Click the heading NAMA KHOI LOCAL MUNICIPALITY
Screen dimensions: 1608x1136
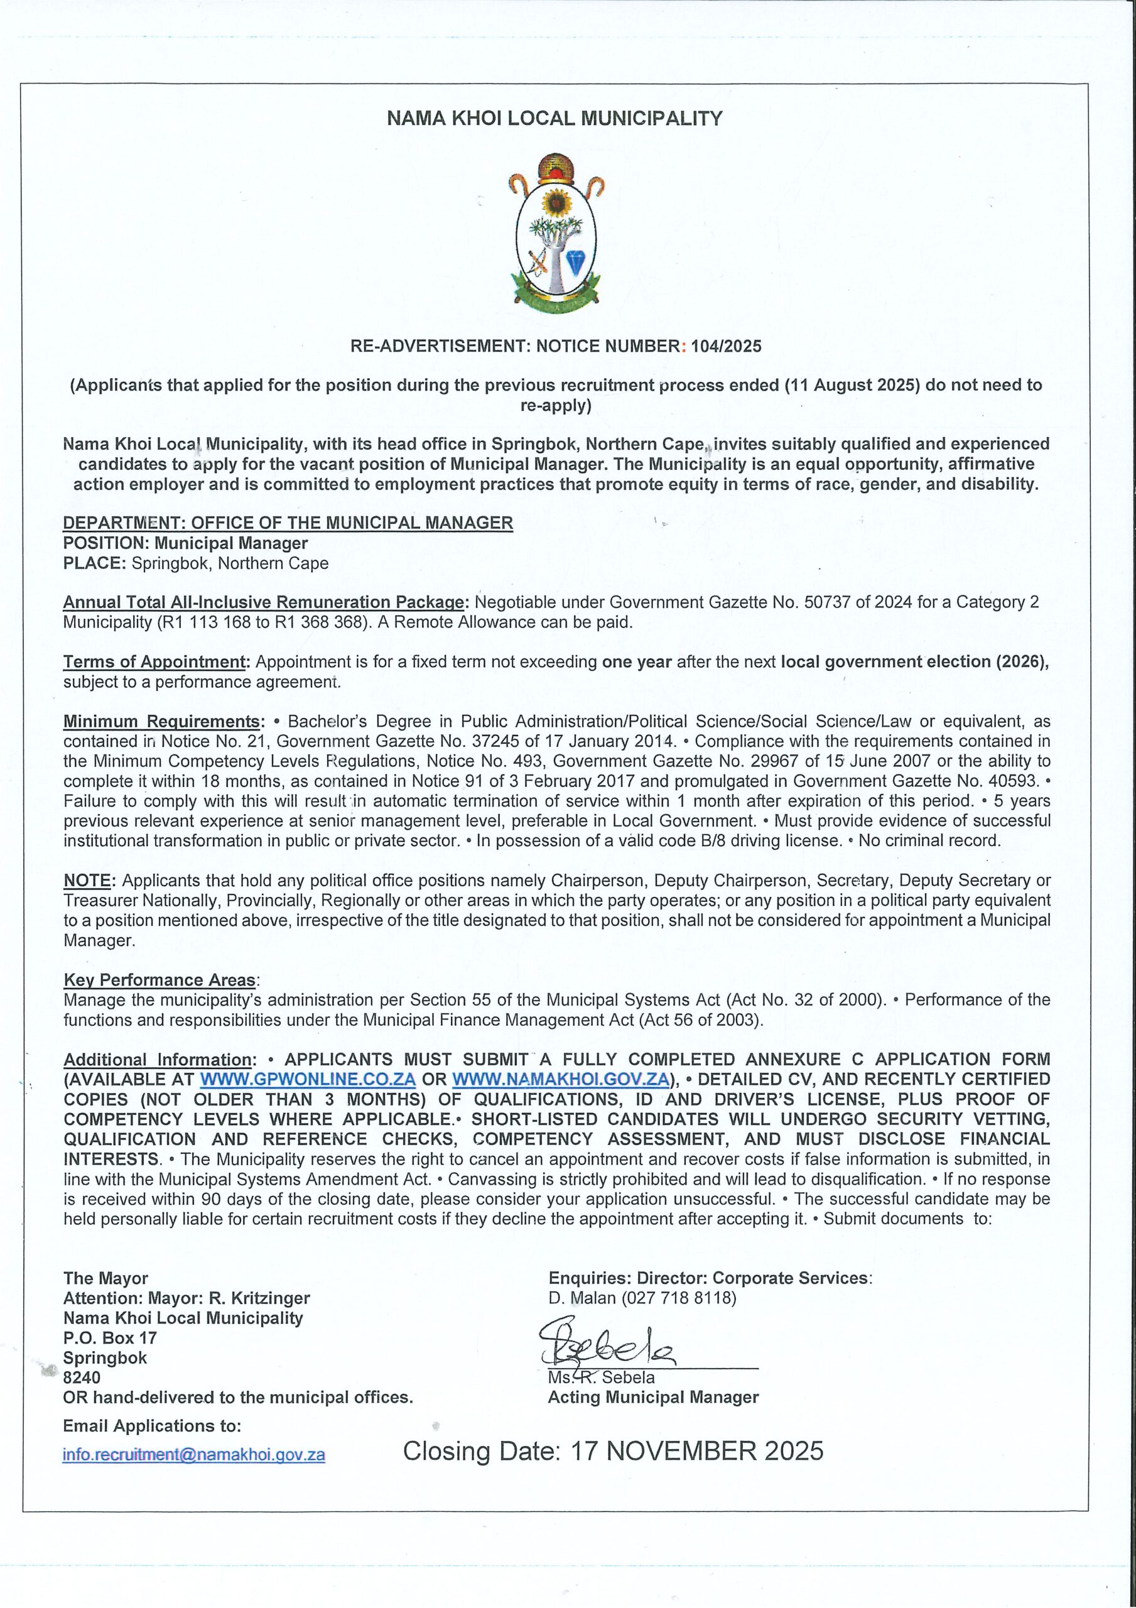[554, 118]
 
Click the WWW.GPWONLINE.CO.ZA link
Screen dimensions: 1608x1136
[308, 1079]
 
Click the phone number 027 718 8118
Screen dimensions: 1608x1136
[679, 1298]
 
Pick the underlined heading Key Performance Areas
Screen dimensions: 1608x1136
[160, 980]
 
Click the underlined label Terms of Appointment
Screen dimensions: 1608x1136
[156, 662]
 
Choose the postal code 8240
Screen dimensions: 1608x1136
[82, 1377]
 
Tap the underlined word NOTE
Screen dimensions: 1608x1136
[87, 881]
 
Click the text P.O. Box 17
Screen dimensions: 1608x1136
[110, 1338]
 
